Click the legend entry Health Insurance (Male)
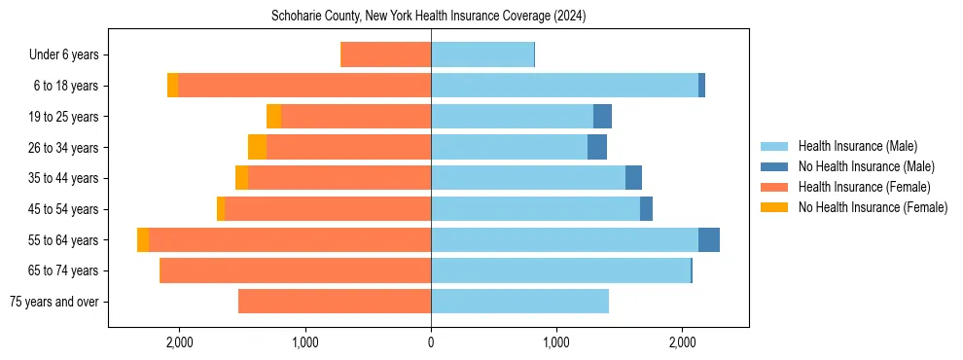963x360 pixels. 857,146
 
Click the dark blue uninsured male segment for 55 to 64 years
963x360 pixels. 709,239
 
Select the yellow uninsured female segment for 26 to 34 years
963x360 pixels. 257,147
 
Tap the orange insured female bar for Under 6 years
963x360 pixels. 386,55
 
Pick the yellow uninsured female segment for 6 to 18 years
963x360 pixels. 172,86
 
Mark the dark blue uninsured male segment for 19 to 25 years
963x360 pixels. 602,117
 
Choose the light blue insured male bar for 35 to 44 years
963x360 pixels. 527,178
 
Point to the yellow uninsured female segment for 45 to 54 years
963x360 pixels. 221,209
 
